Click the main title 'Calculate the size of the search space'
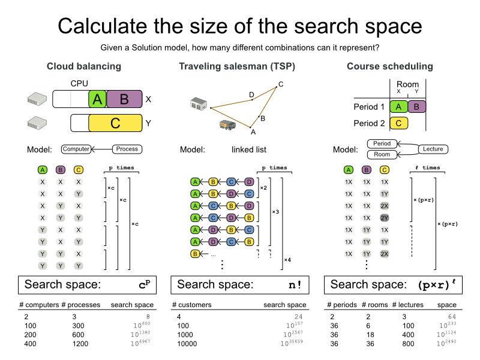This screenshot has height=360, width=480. [x=240, y=26]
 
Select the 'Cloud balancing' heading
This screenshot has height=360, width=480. [x=84, y=66]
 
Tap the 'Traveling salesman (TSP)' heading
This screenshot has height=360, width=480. [x=237, y=66]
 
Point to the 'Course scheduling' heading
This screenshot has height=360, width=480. [x=389, y=66]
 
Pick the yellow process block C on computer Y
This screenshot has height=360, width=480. [x=115, y=123]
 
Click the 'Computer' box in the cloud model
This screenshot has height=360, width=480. [x=76, y=149]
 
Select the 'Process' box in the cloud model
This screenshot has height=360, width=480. [x=127, y=149]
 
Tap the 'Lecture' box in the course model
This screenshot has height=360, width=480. [x=433, y=149]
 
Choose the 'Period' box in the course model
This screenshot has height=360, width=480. [x=382, y=144]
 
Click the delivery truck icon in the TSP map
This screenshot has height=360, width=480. [x=227, y=125]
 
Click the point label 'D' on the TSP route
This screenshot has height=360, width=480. [x=251, y=94]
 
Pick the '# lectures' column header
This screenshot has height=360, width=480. [x=407, y=305]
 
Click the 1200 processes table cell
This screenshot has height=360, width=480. [x=80, y=344]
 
